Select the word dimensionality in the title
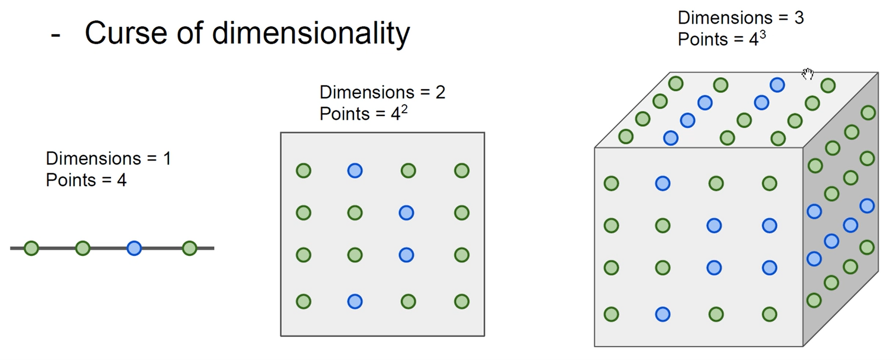coord(311,34)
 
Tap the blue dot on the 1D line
coord(134,248)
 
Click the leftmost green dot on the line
coord(31,248)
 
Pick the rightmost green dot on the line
coord(189,248)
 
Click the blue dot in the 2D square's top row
coord(355,171)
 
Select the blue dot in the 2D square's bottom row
coord(355,301)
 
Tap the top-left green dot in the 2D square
coord(304,171)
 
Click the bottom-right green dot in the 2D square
coord(462,301)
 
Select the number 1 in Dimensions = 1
coord(167,158)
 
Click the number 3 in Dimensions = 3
coord(799,18)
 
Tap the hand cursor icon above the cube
coord(808,74)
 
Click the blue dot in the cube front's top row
coord(662,183)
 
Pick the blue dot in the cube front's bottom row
coord(662,314)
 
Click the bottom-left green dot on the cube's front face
coord(611,314)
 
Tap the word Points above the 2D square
coord(344,114)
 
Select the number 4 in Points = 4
coord(122,180)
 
